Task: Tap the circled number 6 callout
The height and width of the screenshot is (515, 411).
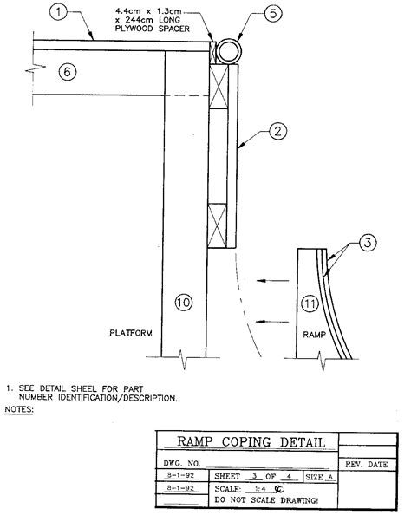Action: click(68, 72)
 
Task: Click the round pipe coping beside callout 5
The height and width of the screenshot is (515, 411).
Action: click(231, 50)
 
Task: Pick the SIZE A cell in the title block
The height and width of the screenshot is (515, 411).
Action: click(318, 477)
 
